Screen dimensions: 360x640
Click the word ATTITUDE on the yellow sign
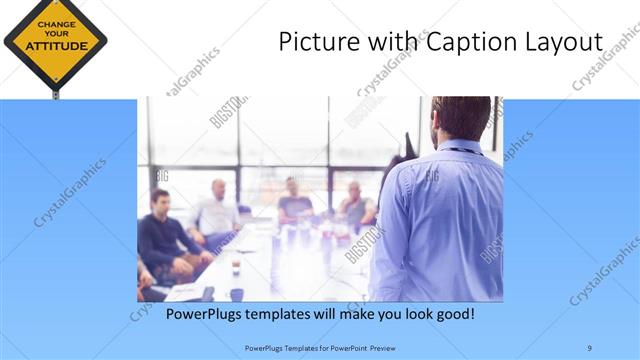coord(55,46)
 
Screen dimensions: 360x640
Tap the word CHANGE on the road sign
coord(55,21)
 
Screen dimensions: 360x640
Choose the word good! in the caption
coord(451,314)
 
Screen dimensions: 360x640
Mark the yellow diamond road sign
coord(55,40)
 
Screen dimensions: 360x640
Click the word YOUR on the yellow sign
coord(55,33)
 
